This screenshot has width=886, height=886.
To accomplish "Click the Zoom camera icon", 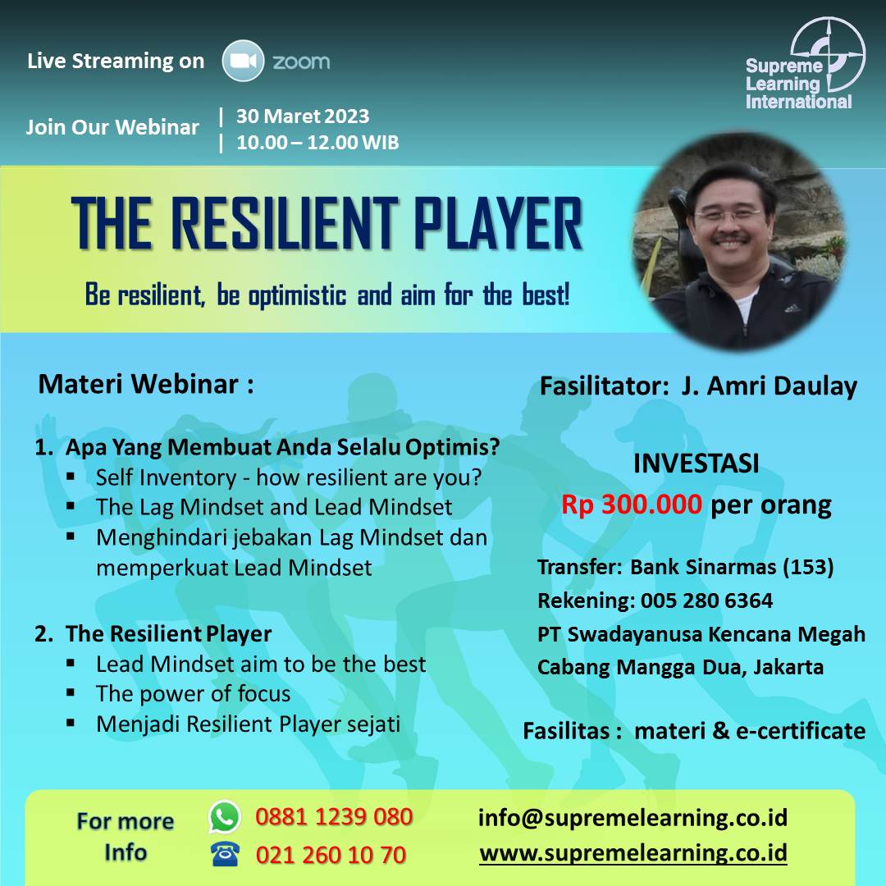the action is pyautogui.click(x=243, y=61).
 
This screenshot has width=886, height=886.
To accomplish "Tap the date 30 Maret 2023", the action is pyautogui.click(x=302, y=116).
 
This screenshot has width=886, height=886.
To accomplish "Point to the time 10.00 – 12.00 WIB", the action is pyautogui.click(x=317, y=143).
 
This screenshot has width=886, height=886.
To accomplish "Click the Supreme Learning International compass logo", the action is pyautogui.click(x=827, y=54).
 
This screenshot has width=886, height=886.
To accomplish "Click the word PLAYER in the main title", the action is pyautogui.click(x=498, y=223).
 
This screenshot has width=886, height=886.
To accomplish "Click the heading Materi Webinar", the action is pyautogui.click(x=146, y=384).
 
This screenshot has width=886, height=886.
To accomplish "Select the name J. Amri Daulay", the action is pyautogui.click(x=769, y=386).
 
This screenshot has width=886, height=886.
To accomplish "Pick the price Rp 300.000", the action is pyautogui.click(x=631, y=504).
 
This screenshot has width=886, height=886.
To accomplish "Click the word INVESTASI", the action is pyautogui.click(x=696, y=464).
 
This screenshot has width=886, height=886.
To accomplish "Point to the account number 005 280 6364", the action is pyautogui.click(x=706, y=600).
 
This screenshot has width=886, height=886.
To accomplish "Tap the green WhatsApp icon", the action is pyautogui.click(x=225, y=816).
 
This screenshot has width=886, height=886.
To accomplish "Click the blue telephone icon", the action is pyautogui.click(x=225, y=854).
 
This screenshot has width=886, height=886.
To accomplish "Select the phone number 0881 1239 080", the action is pyautogui.click(x=334, y=817).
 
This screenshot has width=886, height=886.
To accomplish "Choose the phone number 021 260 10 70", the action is pyautogui.click(x=331, y=855).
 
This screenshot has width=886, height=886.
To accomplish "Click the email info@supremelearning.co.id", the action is pyautogui.click(x=633, y=818).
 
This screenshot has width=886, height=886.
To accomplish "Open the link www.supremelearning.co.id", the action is pyautogui.click(x=633, y=853).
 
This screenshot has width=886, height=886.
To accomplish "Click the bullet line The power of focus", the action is pyautogui.click(x=194, y=694).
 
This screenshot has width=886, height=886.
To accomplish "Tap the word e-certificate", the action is pyautogui.click(x=801, y=731).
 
